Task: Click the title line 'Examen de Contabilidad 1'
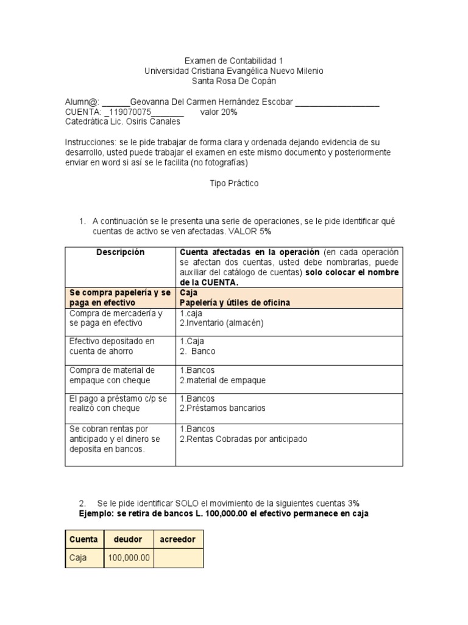click(x=234, y=61)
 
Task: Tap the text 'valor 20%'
click(x=218, y=112)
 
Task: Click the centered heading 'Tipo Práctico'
click(x=234, y=183)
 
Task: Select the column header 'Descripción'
click(x=120, y=252)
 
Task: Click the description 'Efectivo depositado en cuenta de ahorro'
click(x=112, y=347)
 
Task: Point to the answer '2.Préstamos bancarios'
click(x=222, y=408)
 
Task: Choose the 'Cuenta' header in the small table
click(x=84, y=540)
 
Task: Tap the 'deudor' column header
click(x=128, y=540)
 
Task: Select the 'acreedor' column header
click(x=178, y=540)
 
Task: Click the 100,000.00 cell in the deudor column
click(x=128, y=558)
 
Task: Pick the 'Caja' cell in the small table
click(x=78, y=558)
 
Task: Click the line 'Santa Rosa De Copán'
click(x=234, y=81)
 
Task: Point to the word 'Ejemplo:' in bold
click(x=98, y=514)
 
